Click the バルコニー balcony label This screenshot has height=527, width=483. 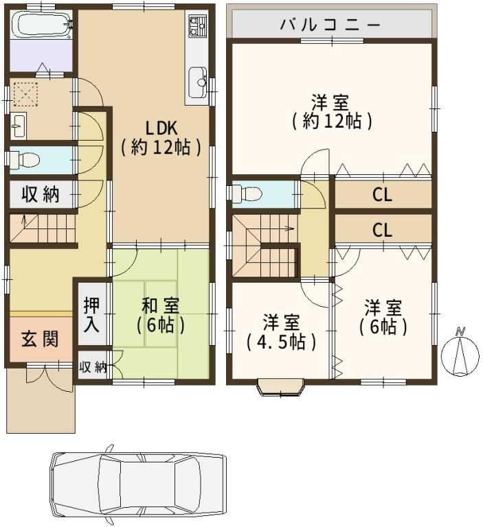(x=330, y=25)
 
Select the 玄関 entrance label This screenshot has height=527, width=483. (x=40, y=339)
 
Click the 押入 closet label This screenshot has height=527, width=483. (x=91, y=314)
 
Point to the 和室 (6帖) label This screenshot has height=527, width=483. (x=160, y=315)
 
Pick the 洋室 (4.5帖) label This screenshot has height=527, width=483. (x=281, y=331)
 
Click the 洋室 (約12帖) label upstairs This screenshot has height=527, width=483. (x=332, y=112)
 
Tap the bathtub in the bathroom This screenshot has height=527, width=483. (x=42, y=24)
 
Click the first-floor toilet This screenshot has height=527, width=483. (x=23, y=160)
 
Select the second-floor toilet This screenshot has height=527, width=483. (x=247, y=194)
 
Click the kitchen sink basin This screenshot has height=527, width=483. (x=197, y=82)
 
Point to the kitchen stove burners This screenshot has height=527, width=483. (x=197, y=26)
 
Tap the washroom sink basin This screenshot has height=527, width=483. (x=18, y=126)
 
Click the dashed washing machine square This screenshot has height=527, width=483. (x=25, y=94)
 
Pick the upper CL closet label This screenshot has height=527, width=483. (x=383, y=195)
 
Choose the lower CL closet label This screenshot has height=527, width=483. (x=383, y=231)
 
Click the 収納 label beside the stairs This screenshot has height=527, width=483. (x=41, y=195)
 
